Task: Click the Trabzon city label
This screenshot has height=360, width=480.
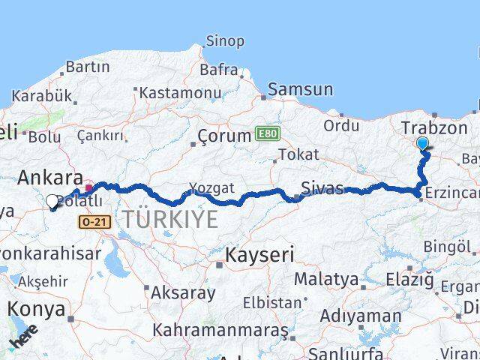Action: tap(434, 127)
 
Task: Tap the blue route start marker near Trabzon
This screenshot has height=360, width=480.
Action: tap(422, 144)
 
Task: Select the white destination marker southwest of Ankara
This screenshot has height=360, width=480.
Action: tap(52, 202)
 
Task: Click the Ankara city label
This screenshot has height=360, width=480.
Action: tap(50, 178)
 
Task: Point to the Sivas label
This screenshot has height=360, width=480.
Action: tap(321, 187)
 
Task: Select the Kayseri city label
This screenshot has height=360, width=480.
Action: tap(260, 255)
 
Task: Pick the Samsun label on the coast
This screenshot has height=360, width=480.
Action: tap(300, 89)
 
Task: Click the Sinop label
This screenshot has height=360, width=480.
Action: tap(224, 41)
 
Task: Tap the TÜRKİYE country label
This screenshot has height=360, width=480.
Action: tap(171, 220)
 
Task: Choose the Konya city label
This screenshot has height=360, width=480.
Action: tap(35, 309)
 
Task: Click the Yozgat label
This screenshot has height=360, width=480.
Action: tap(211, 187)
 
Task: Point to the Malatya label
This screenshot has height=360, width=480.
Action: tap(326, 280)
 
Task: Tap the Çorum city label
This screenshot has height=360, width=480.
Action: tap(223, 136)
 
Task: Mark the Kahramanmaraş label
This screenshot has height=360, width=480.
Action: tap(220, 330)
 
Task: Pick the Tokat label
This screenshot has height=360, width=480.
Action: tap(298, 154)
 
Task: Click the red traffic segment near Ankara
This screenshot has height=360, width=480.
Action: tap(89, 187)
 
